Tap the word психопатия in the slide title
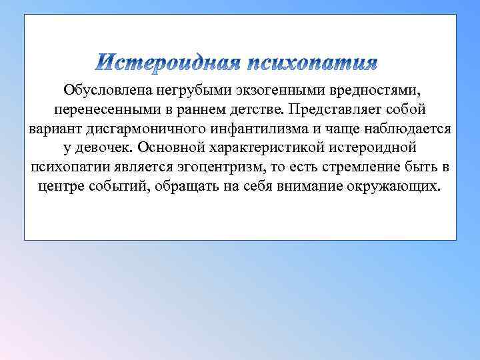tap(312, 64)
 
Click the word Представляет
tap(340, 109)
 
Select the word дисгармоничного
tap(143, 128)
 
